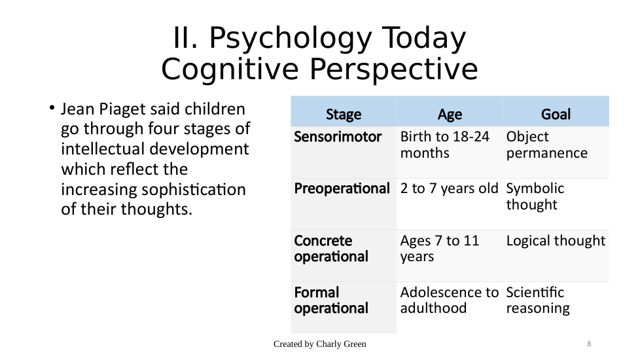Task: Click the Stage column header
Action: click(344, 115)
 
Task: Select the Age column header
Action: click(450, 115)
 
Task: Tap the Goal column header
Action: click(556, 115)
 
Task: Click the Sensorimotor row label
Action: click(338, 137)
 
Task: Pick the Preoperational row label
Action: click(342, 189)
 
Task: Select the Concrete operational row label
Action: click(331, 249)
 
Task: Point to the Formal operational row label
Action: click(331, 300)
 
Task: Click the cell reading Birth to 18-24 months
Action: click(444, 145)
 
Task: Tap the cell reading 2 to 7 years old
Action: click(450, 189)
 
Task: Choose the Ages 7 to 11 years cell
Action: click(440, 249)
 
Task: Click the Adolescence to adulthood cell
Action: click(450, 300)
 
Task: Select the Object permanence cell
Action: click(547, 145)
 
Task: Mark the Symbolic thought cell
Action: click(535, 196)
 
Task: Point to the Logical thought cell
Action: click(556, 241)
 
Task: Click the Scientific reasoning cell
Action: click(538, 300)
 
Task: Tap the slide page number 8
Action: click(589, 344)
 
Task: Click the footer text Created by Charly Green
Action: click(320, 344)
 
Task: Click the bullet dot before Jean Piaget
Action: click(52, 108)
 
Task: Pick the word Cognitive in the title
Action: click(230, 69)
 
